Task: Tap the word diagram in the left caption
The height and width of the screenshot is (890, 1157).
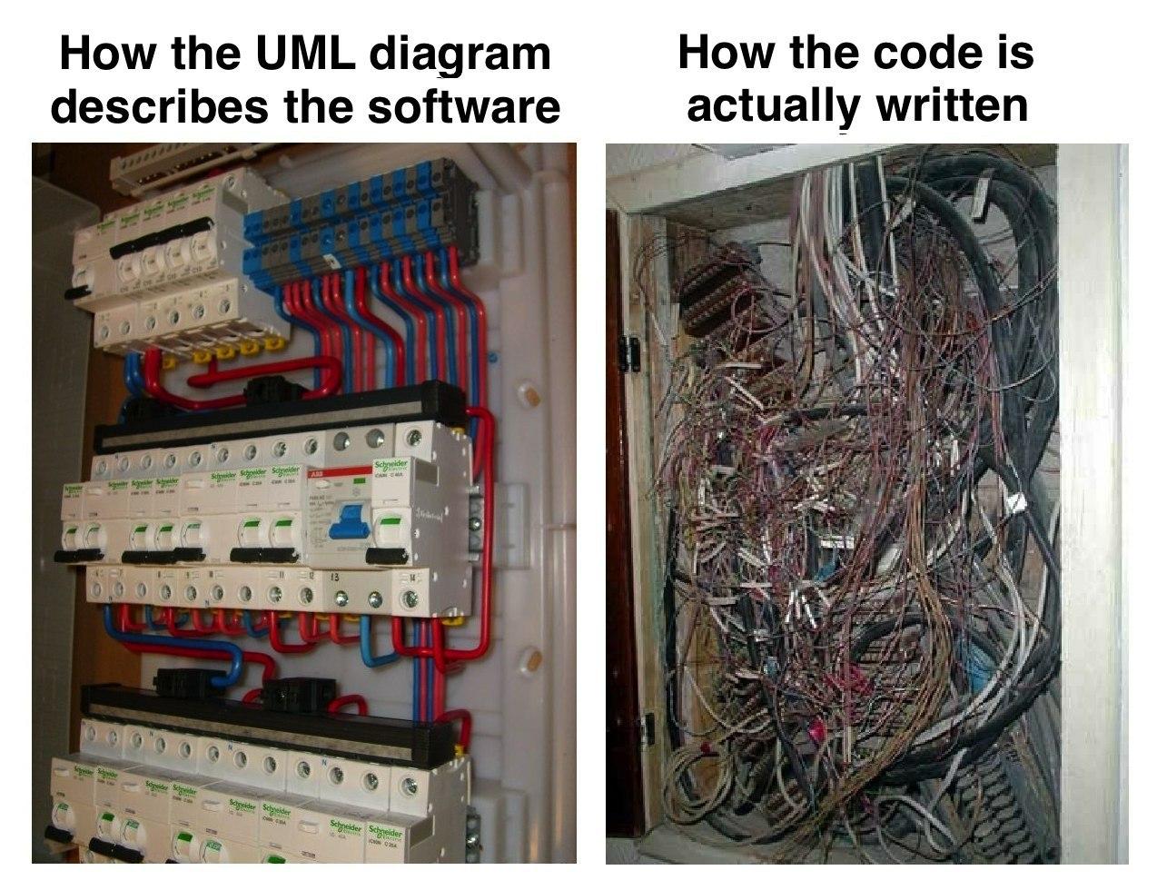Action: pos(461,56)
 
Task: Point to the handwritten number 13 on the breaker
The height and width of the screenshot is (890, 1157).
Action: pos(334,576)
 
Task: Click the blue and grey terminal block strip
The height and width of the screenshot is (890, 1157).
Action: pos(363,218)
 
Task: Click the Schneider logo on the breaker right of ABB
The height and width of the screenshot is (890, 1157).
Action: pos(391,467)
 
